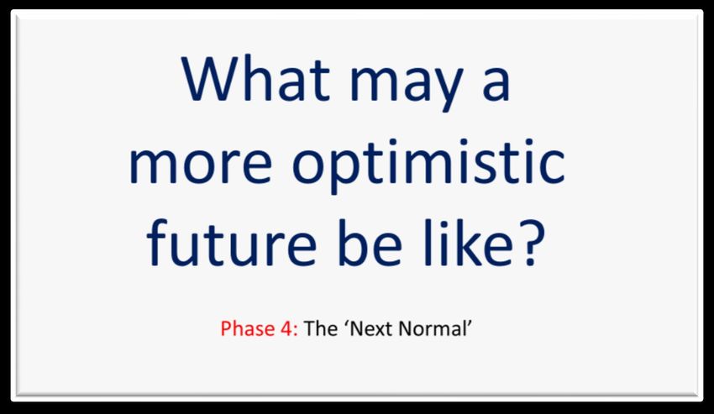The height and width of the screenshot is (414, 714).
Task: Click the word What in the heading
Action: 255,78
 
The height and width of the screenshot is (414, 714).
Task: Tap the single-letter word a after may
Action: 496,84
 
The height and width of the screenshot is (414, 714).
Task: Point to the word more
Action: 201,165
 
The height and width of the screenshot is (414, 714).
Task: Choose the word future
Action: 231,244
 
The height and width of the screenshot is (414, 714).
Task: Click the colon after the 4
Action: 296,331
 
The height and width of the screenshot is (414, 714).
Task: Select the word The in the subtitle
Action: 321,328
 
